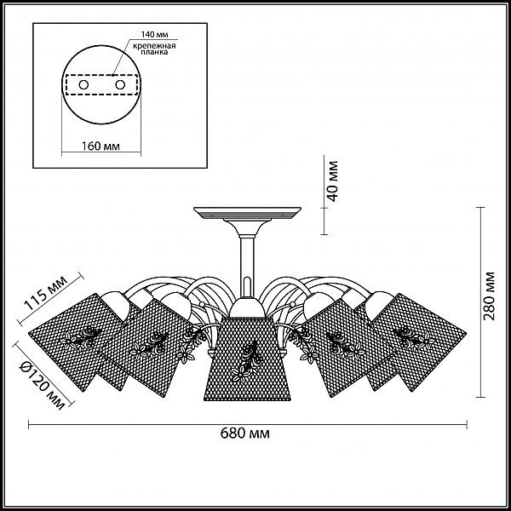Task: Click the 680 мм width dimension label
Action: tap(245, 433)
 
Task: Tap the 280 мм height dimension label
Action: tap(489, 296)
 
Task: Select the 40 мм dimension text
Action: tap(332, 181)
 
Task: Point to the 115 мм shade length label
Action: tap(46, 293)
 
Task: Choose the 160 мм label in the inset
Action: tap(100, 146)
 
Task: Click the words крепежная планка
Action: tap(154, 49)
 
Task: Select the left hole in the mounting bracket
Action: tap(83, 85)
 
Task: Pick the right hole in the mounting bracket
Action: tap(120, 85)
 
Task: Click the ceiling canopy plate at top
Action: tap(247, 213)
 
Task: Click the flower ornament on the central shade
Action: tap(248, 360)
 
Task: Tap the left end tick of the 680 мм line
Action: tap(29, 424)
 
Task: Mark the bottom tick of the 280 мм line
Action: tap(480, 397)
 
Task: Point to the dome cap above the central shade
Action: tap(247, 307)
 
